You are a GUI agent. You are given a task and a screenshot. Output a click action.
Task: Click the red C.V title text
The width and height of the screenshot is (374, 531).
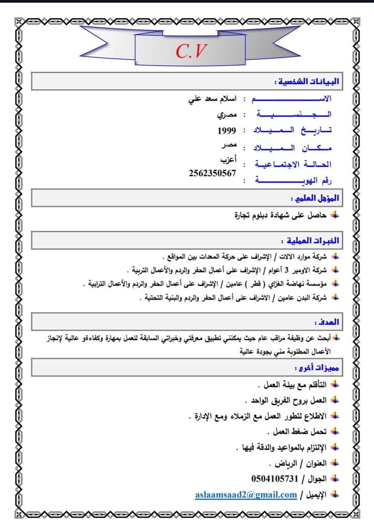tap(191, 51)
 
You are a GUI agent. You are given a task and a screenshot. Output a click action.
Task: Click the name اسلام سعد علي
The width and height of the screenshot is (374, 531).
tap(212, 99)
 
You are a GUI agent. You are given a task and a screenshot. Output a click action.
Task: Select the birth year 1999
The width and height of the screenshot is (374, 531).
tap(227, 130)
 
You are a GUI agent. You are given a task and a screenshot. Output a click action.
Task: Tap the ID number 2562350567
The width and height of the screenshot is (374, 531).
tap(212, 173)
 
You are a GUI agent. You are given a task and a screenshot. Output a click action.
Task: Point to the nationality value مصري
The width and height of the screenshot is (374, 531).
tap(227, 115)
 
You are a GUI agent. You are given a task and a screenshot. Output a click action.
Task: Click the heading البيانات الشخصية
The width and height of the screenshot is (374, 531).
tap(307, 81)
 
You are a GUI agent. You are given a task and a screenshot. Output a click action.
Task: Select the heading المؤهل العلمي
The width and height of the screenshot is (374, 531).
tap(315, 198)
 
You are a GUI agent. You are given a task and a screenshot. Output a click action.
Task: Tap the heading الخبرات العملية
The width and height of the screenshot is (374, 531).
tap(310, 241)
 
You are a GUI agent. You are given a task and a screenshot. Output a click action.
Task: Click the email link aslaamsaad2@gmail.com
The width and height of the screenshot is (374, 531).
tap(246, 494)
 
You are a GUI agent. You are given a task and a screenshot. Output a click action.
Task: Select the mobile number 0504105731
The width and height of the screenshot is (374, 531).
tap(274, 479)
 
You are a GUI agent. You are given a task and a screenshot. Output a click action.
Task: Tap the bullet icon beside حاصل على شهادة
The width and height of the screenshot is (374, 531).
tap(334, 215)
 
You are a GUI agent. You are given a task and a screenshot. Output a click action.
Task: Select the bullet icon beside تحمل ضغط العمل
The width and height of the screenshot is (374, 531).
tap(334, 431)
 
